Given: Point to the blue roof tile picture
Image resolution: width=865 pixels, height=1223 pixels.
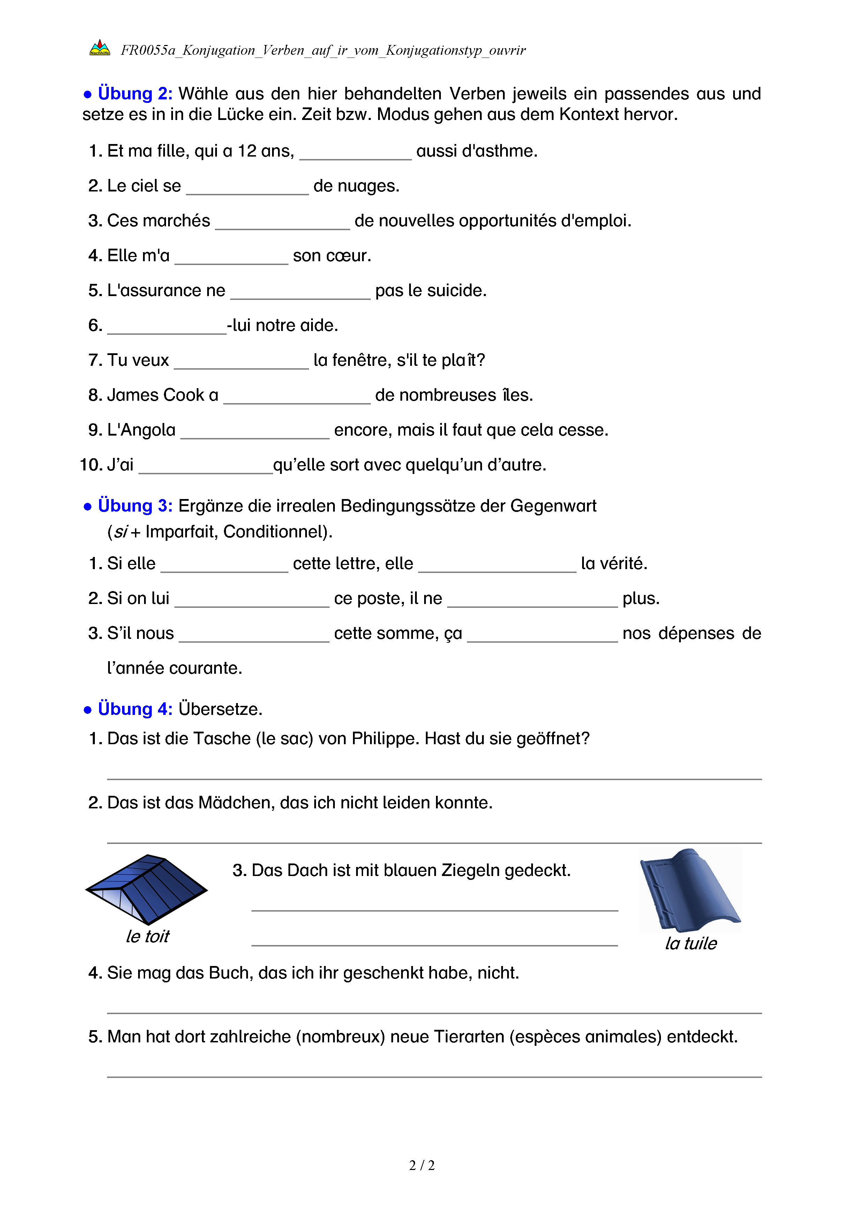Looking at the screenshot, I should [690, 890].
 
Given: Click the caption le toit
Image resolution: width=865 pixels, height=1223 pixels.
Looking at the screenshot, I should [148, 936].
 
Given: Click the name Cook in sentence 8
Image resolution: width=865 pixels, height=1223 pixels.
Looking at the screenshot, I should [184, 395].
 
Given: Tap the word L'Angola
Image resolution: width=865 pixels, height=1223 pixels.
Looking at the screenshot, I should [141, 430].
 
